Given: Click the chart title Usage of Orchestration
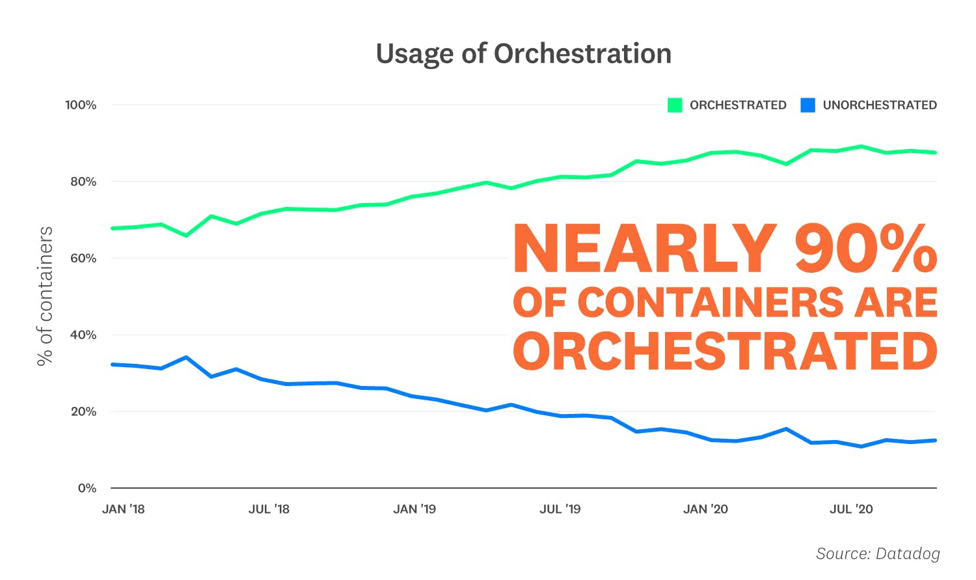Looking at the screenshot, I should [x=523, y=54].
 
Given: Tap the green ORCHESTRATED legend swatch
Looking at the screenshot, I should [x=675, y=105].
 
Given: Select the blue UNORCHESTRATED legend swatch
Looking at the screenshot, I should [x=807, y=105].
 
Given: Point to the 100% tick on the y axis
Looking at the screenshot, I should [x=81, y=105].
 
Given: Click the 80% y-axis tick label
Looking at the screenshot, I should [x=83, y=182].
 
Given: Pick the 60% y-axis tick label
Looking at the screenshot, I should [x=83, y=258].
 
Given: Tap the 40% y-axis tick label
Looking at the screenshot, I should [x=83, y=335].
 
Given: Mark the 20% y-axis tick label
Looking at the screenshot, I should [x=83, y=411].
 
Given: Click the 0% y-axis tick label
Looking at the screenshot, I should [x=87, y=488].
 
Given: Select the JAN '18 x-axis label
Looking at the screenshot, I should [x=123, y=509].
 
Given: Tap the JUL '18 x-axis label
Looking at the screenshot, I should [x=269, y=509].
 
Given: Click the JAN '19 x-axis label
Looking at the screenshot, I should [x=414, y=509].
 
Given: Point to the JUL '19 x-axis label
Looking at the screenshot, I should [x=560, y=509].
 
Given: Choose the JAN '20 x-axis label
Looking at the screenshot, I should [x=705, y=509].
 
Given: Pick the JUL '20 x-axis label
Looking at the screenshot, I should [x=851, y=509].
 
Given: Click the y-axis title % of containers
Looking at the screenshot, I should [x=45, y=296].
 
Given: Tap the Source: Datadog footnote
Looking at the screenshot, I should [x=878, y=553].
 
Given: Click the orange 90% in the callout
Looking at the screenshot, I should [x=865, y=249].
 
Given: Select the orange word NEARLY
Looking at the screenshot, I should [x=645, y=249].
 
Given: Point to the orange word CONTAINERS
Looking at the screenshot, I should [x=710, y=303].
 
